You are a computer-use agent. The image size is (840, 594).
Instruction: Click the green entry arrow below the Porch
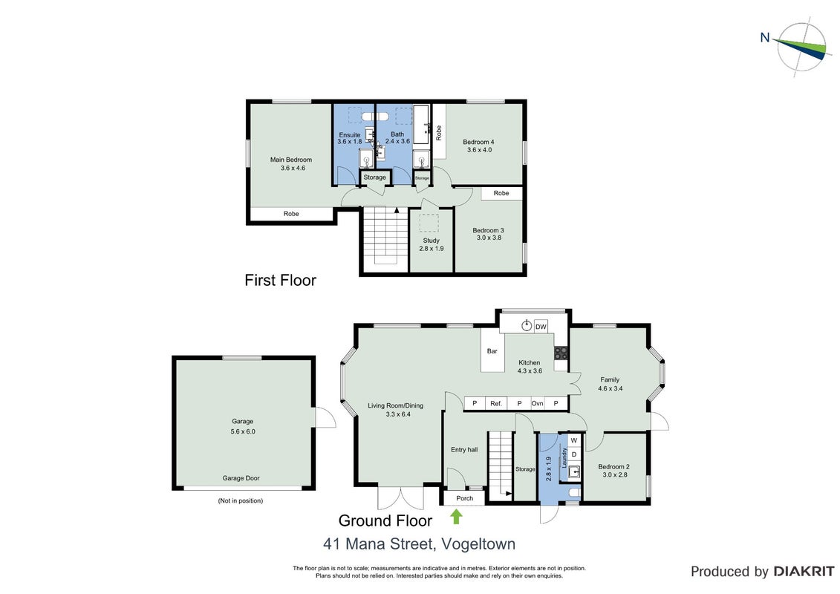(x=456, y=517)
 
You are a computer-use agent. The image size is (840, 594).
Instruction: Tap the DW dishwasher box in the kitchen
(x=541, y=326)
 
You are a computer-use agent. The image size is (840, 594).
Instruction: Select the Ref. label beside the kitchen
(x=496, y=403)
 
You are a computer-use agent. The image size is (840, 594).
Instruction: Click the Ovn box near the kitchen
(x=537, y=403)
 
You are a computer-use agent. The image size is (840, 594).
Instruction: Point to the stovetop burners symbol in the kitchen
(x=560, y=353)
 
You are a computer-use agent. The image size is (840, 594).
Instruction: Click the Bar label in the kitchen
(x=492, y=351)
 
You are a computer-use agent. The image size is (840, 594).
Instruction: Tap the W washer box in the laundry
(x=574, y=440)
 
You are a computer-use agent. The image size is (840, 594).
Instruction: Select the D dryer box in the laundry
(x=574, y=454)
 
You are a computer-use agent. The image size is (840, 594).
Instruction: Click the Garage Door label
(x=241, y=478)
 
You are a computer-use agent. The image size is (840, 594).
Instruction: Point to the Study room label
(x=432, y=241)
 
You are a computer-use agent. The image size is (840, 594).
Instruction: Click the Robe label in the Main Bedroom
(x=291, y=214)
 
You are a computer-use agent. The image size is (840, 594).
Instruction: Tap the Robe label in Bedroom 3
(x=501, y=193)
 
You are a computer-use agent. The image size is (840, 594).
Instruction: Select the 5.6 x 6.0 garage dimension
(x=243, y=431)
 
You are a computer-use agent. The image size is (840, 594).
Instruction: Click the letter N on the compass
(x=765, y=37)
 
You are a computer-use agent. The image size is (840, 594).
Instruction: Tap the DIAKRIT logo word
(x=804, y=572)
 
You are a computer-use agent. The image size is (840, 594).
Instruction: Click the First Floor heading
(x=280, y=280)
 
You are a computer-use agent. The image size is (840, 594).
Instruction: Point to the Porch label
(x=465, y=498)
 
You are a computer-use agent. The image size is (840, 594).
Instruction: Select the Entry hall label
(x=464, y=450)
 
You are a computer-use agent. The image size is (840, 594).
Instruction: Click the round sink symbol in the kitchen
(x=527, y=326)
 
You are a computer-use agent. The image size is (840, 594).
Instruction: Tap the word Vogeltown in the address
(x=478, y=544)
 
